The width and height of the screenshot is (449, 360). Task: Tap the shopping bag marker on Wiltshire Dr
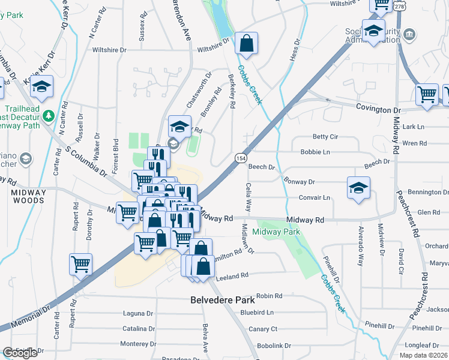(x=246, y=43)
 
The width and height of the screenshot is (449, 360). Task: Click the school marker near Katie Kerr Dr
(x=41, y=88)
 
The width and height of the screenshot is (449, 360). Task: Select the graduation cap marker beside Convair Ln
(x=358, y=188)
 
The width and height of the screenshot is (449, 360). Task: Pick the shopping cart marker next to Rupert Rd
(x=81, y=264)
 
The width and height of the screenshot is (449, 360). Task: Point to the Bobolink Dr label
(x=274, y=346)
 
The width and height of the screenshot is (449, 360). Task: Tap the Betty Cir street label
(x=325, y=137)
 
